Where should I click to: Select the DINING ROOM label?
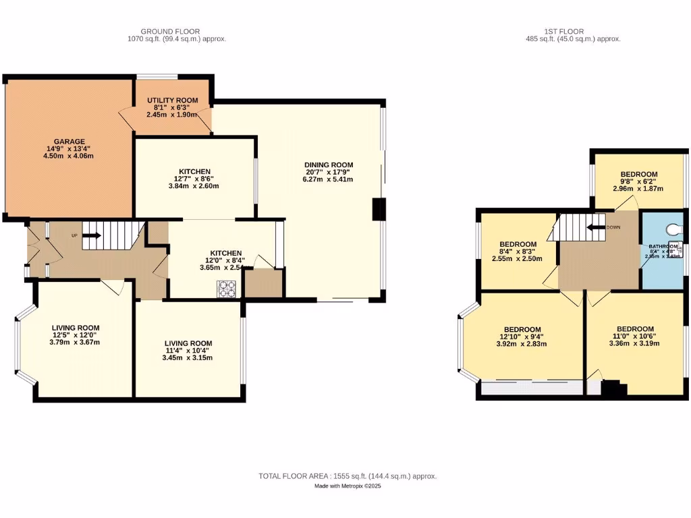[x=329, y=165]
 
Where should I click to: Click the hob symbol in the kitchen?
[x=227, y=289]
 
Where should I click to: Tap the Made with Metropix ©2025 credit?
[x=348, y=486]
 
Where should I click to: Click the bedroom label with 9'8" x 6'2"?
[x=639, y=175]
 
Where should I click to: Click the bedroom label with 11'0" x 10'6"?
[x=635, y=329]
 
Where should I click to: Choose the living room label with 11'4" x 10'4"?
[x=188, y=343]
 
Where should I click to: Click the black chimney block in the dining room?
[x=379, y=209]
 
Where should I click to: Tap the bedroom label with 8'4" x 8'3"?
[x=518, y=244]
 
